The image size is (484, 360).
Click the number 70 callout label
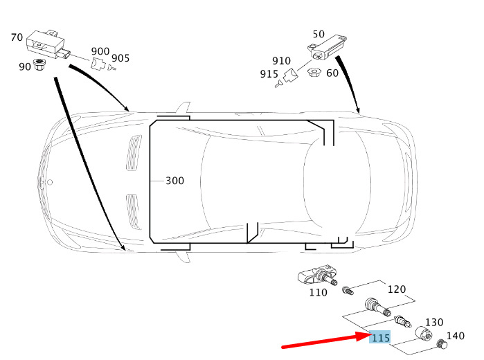(17, 37)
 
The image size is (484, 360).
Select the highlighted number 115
(380, 337)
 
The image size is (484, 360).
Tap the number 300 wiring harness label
(174, 181)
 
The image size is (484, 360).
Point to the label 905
(120, 58)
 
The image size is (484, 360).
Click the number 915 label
(269, 74)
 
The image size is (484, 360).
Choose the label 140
(456, 336)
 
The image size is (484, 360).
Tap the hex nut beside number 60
(314, 73)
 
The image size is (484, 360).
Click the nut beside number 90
(39, 64)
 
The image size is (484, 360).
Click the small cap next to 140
(442, 343)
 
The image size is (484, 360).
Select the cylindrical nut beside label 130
(423, 333)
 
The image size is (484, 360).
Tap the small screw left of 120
(348, 290)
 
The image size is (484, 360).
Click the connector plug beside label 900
(98, 63)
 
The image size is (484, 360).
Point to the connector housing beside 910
(290, 75)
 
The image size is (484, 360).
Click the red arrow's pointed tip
(370, 334)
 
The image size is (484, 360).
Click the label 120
(396, 289)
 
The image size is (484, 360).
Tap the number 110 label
(319, 292)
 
